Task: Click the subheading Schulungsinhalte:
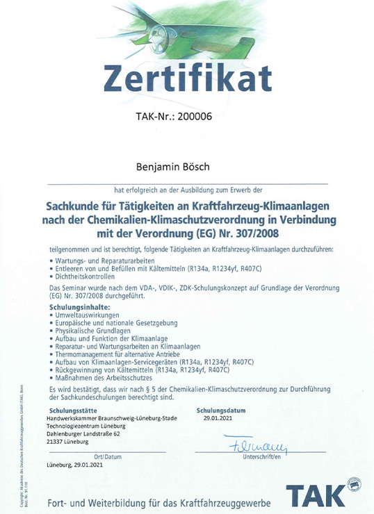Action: click(x=79, y=306)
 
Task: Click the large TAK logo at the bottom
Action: click(x=317, y=495)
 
